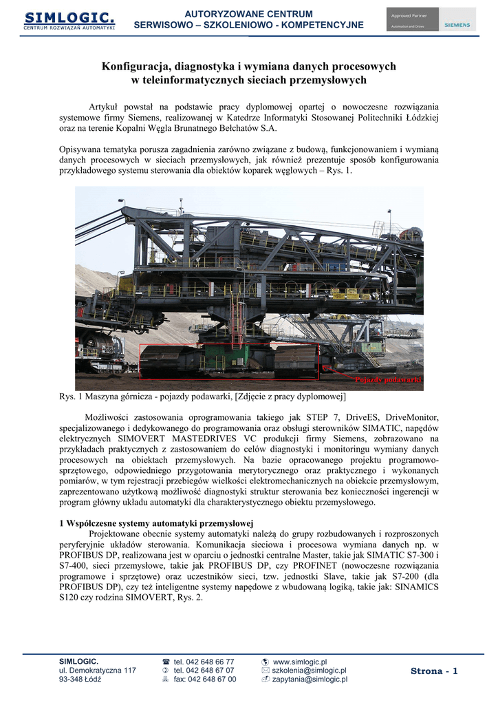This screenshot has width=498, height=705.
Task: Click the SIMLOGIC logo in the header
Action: (x=69, y=20)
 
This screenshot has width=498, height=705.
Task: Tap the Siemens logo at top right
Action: (x=457, y=24)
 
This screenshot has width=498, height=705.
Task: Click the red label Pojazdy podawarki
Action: (x=388, y=380)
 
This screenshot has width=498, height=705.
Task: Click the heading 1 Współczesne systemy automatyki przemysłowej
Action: (x=157, y=523)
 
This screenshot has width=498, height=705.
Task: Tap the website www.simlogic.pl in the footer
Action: (x=300, y=662)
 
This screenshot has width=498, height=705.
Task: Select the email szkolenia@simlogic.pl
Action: (x=309, y=671)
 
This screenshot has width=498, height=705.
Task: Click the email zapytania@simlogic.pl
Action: (x=310, y=680)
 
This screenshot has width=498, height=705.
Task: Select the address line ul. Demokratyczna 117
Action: (x=98, y=671)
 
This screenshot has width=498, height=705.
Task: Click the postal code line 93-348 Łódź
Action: (x=80, y=680)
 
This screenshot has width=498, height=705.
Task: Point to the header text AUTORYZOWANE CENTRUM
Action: (x=249, y=14)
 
